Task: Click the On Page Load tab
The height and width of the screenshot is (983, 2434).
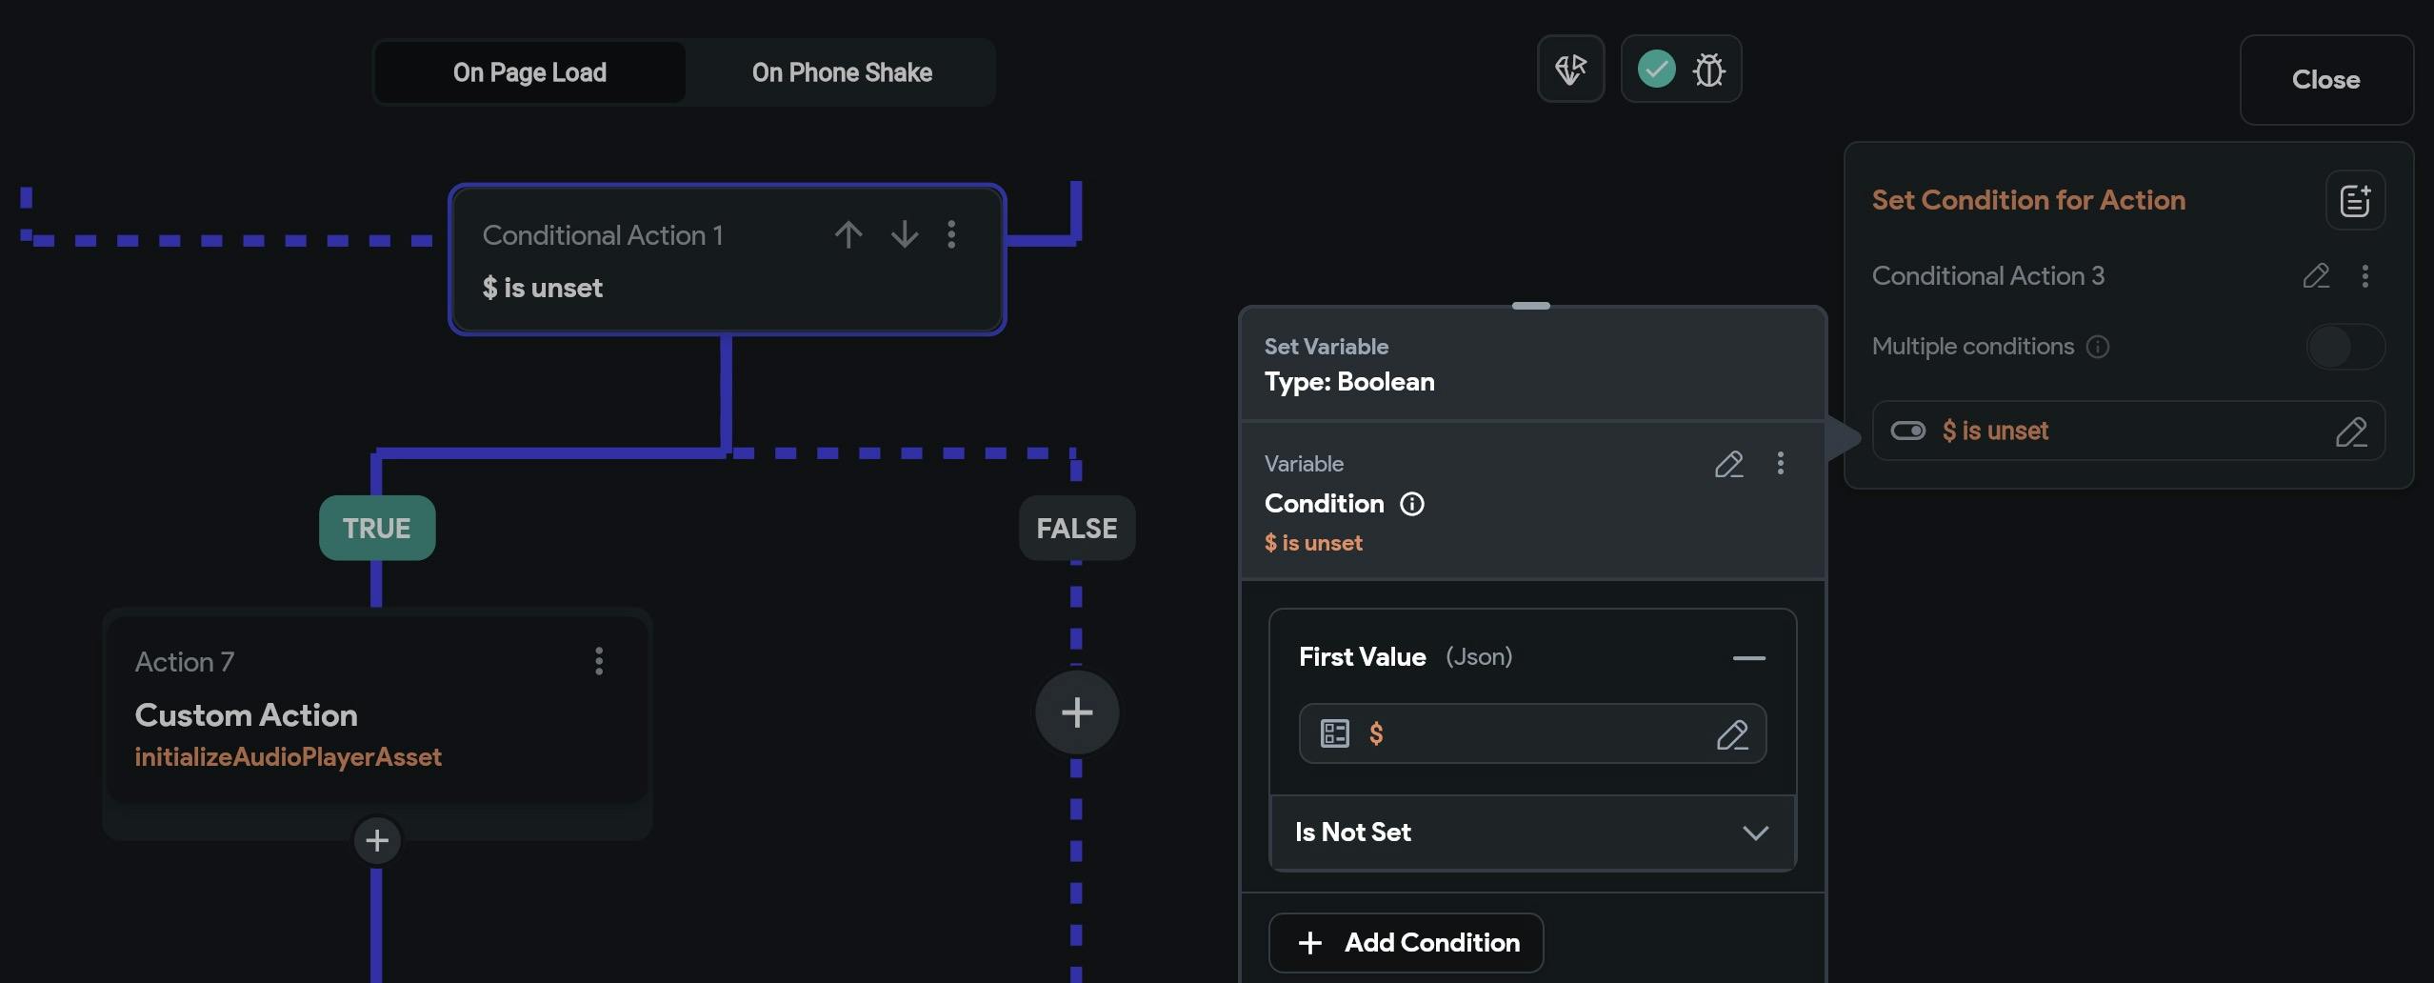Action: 529,72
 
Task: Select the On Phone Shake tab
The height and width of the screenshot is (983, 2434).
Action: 842,72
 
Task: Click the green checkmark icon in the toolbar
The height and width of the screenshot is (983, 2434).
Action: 1657,69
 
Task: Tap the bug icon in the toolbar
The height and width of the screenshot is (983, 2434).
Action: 1709,70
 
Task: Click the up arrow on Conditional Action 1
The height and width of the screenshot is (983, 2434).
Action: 848,234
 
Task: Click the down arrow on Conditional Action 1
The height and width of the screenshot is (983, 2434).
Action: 905,234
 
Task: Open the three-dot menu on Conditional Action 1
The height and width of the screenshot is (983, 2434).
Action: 951,234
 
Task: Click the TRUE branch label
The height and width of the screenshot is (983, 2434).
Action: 377,528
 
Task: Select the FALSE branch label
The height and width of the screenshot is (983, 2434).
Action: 1077,528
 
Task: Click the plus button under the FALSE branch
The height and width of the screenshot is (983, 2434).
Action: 1077,712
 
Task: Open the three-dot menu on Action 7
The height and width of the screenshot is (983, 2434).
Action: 599,661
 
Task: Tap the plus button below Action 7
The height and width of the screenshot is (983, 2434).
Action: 377,840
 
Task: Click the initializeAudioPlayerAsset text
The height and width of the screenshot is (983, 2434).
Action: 288,757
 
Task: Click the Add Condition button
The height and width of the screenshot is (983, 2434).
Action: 1406,943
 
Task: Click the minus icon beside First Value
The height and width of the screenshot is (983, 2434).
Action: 1748,657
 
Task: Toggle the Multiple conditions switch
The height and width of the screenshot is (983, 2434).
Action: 2344,347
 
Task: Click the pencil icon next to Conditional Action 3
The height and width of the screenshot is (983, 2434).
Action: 2316,276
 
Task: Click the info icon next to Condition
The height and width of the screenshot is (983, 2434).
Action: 1412,504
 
